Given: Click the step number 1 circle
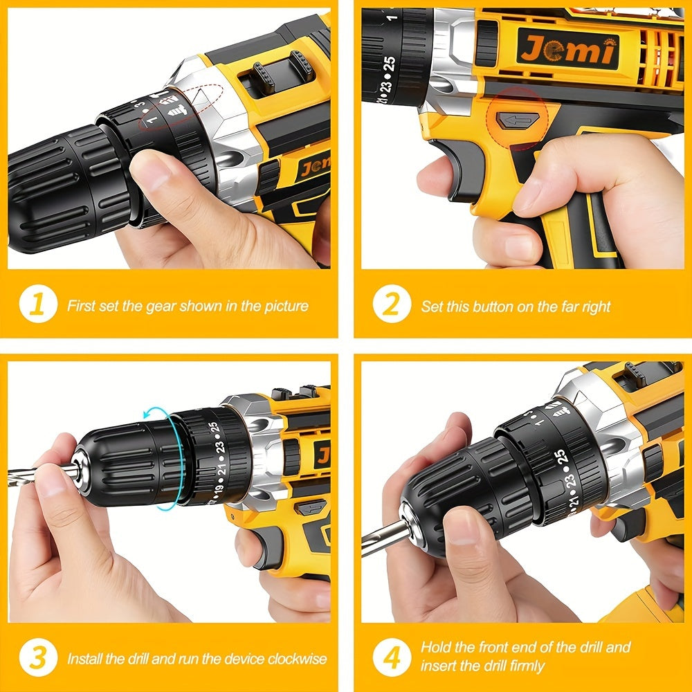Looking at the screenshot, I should (x=38, y=305).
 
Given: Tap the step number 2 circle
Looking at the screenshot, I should (x=391, y=305).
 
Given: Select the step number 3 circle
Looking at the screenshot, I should (x=38, y=658).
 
